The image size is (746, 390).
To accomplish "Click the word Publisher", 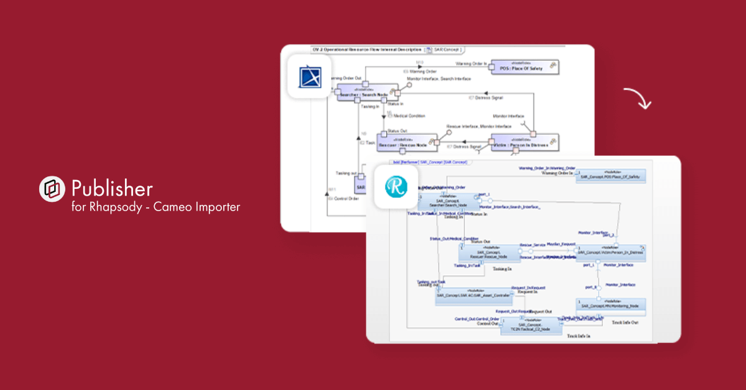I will click(x=112, y=188).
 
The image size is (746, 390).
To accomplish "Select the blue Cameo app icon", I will click(x=309, y=76).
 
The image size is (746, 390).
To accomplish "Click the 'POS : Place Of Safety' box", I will click(x=524, y=67).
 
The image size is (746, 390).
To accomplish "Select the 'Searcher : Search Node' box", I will click(x=367, y=93).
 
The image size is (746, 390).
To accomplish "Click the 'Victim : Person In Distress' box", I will click(x=524, y=143).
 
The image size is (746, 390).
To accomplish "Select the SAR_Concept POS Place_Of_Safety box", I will click(x=610, y=176).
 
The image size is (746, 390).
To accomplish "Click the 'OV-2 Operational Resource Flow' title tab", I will click(x=367, y=48).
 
